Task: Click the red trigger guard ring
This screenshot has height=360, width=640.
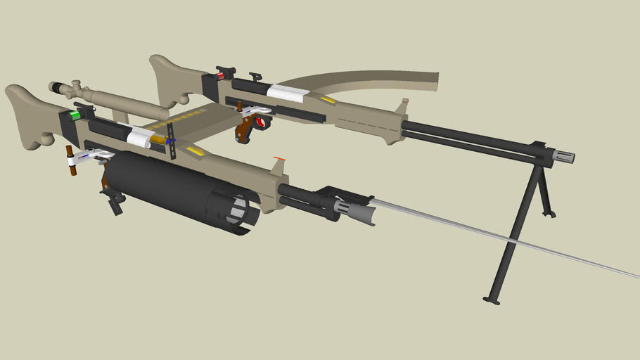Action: tap(262, 123)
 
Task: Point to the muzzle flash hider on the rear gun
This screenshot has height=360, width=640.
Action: tap(565, 156)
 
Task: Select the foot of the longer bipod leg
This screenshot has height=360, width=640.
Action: tap(491, 301)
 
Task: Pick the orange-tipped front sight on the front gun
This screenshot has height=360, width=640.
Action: tap(279, 159)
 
